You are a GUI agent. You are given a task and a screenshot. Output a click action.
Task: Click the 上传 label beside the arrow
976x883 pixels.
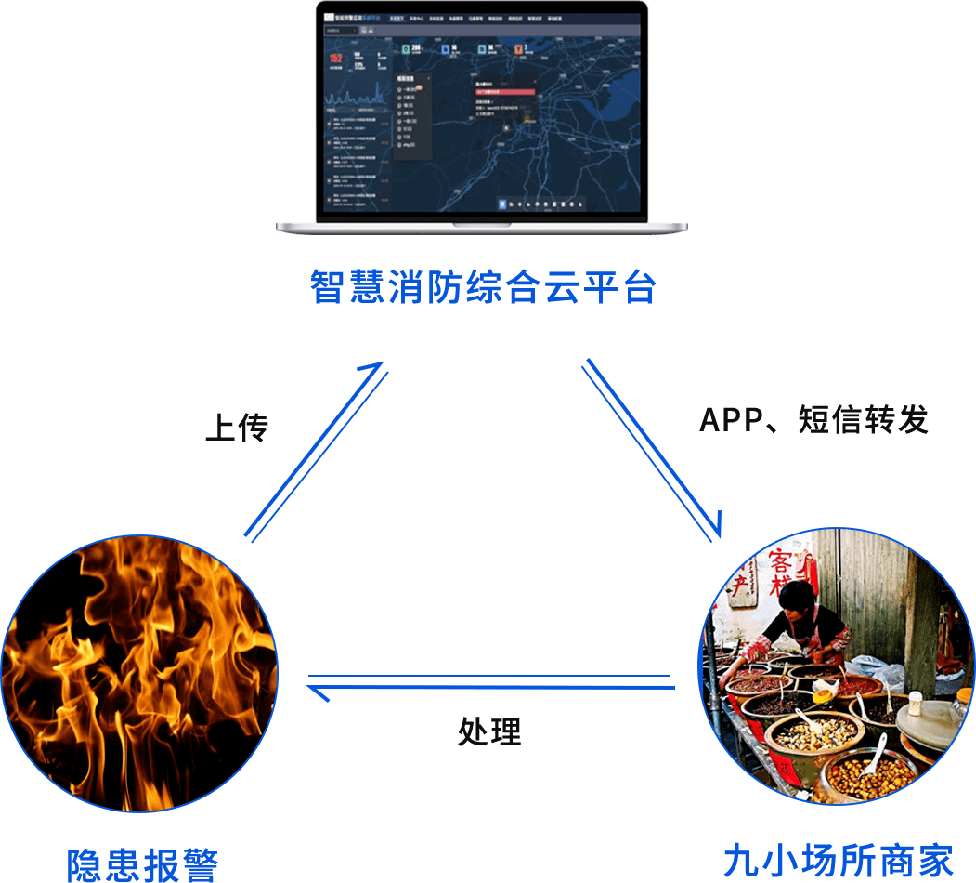pyautogui.click(x=236, y=428)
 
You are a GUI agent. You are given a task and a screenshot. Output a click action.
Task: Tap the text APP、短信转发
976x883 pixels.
pyautogui.click(x=813, y=420)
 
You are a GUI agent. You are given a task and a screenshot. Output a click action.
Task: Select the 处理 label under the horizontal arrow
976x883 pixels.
pyautogui.click(x=489, y=731)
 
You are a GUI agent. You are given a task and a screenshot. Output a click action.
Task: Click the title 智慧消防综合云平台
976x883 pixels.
pyautogui.click(x=483, y=288)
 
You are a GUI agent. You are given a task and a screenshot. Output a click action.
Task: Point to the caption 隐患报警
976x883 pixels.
pyautogui.click(x=143, y=863)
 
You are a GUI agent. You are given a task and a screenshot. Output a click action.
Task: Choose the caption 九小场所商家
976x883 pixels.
pyautogui.click(x=838, y=861)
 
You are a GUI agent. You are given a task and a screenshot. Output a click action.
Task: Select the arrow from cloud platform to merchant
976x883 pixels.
pyautogui.click(x=652, y=449)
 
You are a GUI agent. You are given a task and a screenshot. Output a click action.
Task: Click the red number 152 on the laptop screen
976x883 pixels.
pyautogui.click(x=335, y=59)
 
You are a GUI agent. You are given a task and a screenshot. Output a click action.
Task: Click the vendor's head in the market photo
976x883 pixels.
pyautogui.click(x=797, y=600)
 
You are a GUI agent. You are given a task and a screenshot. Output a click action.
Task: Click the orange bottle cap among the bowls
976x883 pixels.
pyautogui.click(x=823, y=694)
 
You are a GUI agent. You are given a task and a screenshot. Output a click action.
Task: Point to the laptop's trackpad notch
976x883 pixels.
pyautogui.click(x=481, y=225)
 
